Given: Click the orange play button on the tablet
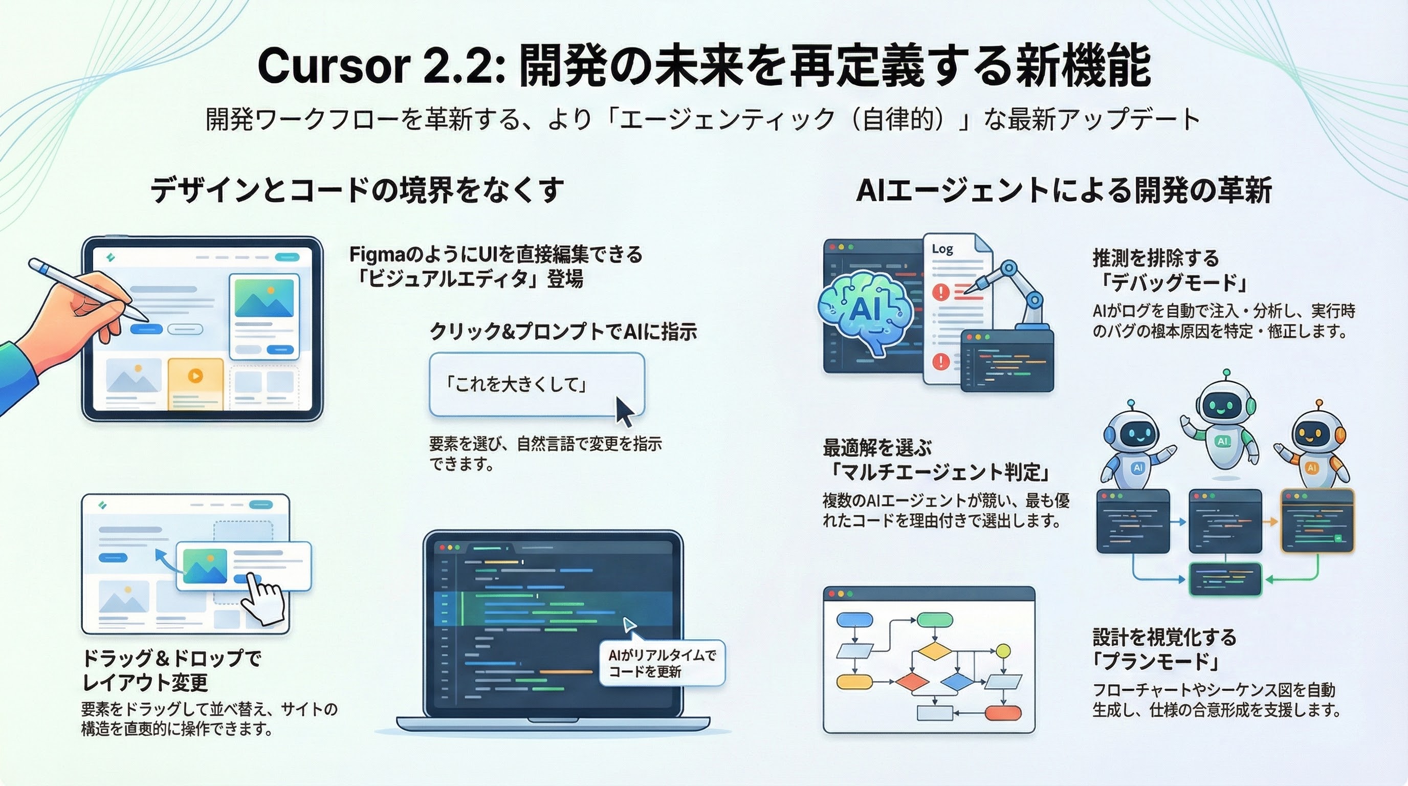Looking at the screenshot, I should [195, 376].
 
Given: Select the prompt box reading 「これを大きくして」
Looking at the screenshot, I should [537, 385].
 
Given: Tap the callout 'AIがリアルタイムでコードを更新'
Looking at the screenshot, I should [662, 663].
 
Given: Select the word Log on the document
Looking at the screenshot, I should [942, 249].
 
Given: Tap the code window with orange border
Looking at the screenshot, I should [1317, 520].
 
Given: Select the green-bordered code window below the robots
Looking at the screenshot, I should [1225, 579].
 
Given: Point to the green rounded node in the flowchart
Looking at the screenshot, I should [935, 620].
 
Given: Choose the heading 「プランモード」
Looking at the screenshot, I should [1156, 661].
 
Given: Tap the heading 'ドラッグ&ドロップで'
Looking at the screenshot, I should [171, 658].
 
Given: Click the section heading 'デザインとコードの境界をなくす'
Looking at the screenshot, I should [357, 190].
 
